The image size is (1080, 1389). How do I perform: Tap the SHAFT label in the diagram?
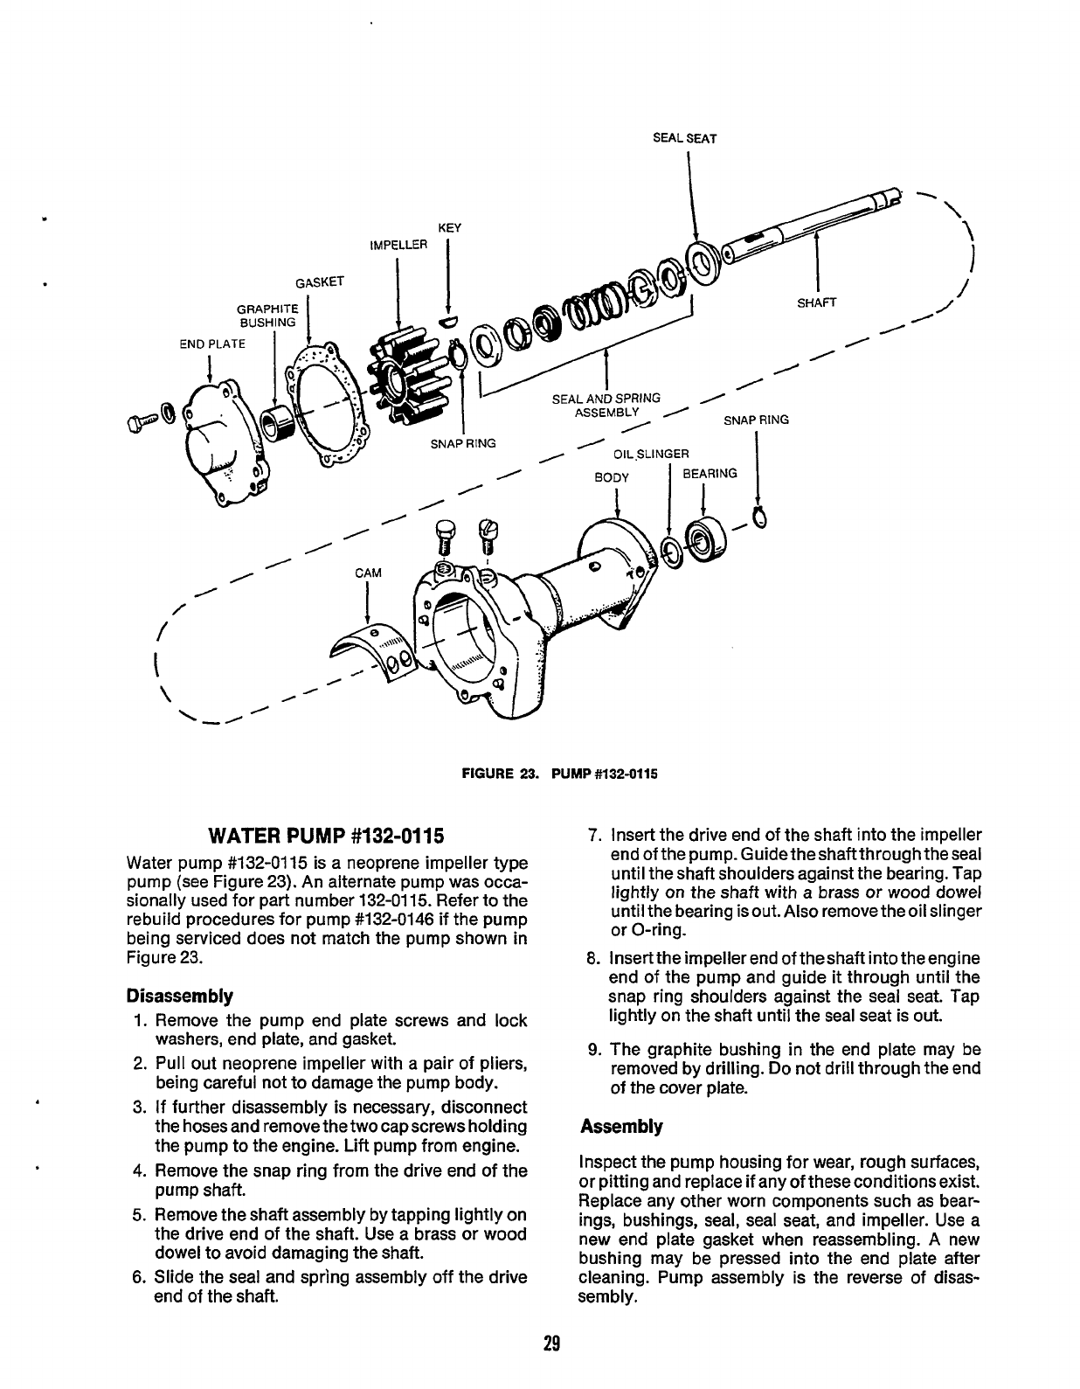tap(817, 303)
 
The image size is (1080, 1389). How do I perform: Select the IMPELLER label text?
tap(398, 244)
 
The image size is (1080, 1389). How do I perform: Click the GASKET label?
tap(320, 281)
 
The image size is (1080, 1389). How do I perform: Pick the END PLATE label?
tap(213, 344)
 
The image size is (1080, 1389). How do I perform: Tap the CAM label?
tap(368, 573)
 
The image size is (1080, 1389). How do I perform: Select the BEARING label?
tap(710, 474)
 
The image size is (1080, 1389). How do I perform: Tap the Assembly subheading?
tap(620, 1126)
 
